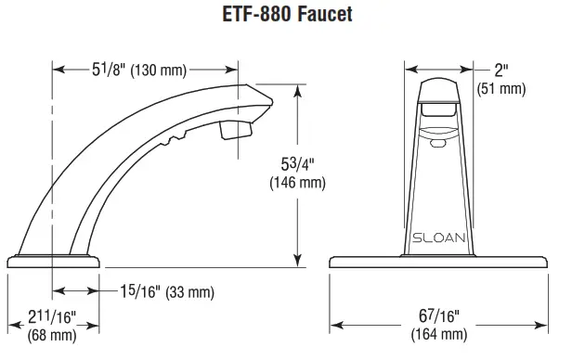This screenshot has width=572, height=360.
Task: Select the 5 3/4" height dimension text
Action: tap(301, 164)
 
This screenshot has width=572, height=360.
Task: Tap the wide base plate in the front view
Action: tap(441, 263)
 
